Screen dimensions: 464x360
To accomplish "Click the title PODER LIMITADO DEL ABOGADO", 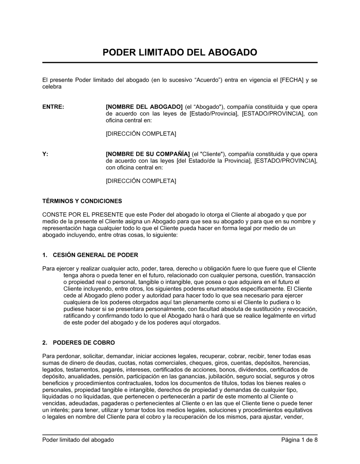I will [x=180, y=53].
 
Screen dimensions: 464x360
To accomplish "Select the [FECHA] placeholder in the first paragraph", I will [x=292, y=80].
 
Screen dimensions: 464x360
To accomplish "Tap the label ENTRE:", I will [x=53, y=107].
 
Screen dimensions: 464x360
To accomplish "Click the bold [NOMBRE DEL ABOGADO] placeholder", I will [x=144, y=107].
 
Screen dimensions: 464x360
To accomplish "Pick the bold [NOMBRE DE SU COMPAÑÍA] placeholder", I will [x=148, y=154].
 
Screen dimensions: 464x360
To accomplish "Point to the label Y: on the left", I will [x=45, y=154].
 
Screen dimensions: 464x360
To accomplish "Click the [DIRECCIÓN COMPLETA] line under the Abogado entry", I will [x=141, y=134].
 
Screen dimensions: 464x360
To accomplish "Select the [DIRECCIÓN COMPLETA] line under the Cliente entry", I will [x=141, y=181].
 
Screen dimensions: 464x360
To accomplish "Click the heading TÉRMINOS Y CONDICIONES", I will [x=82, y=201].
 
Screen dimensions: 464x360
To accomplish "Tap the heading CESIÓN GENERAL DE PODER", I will [x=95, y=255].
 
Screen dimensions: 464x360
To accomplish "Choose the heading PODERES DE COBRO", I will [x=84, y=343].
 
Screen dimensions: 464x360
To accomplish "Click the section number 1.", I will [x=45, y=255].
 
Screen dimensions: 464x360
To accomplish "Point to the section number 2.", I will [x=45, y=343].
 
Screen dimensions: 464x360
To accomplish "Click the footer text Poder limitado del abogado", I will [x=78, y=440].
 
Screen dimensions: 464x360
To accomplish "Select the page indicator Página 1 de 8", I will [x=300, y=440].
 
